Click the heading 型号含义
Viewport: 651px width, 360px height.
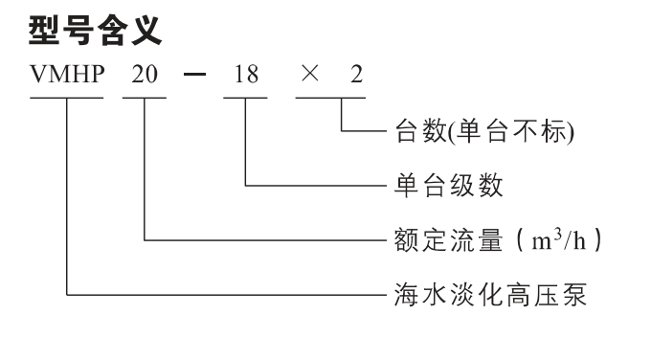click(x=95, y=31)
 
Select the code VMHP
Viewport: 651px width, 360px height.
click(x=67, y=75)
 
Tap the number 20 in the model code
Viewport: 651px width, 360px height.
click(x=145, y=75)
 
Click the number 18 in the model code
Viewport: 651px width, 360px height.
click(x=246, y=75)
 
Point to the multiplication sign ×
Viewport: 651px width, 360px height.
click(x=310, y=74)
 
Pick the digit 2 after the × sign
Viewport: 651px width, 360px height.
click(x=357, y=75)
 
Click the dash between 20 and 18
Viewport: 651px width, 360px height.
click(x=194, y=75)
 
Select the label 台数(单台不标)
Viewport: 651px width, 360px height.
click(x=484, y=131)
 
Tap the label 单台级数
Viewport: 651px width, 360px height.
click(x=449, y=185)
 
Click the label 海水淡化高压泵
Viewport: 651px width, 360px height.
click(x=490, y=295)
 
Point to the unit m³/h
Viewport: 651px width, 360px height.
click(x=559, y=239)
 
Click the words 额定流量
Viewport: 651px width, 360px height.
click(x=449, y=239)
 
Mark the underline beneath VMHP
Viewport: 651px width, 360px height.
click(x=66, y=98)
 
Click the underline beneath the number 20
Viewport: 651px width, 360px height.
click(x=145, y=98)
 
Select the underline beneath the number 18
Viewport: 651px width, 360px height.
click(x=245, y=98)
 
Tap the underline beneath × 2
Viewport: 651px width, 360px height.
click(x=330, y=98)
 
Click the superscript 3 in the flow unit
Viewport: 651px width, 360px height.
click(x=558, y=235)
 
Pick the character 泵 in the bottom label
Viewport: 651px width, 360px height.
click(x=574, y=295)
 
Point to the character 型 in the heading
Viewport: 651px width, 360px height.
click(x=44, y=31)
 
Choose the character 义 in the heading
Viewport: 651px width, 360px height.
click(x=147, y=31)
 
